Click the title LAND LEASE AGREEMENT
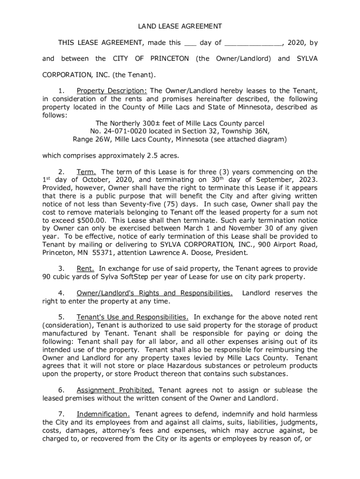coord(180,26)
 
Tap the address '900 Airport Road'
coord(289,245)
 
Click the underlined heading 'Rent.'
coord(86,269)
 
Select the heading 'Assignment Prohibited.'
coord(115,390)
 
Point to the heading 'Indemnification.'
coord(103,414)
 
